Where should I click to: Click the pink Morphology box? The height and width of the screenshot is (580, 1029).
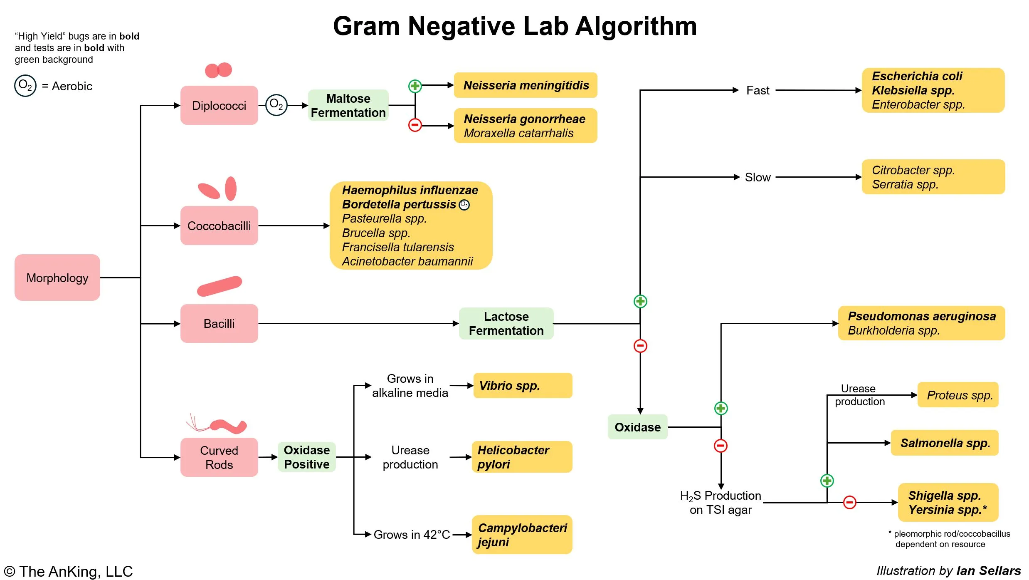click(x=57, y=278)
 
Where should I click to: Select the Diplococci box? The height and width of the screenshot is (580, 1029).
click(x=219, y=106)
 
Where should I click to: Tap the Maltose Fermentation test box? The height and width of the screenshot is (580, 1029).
click(x=348, y=106)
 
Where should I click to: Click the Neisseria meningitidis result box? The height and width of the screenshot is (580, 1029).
click(x=526, y=85)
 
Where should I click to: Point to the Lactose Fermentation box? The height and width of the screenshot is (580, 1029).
click(x=506, y=324)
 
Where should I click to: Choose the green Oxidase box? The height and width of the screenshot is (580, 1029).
click(x=637, y=427)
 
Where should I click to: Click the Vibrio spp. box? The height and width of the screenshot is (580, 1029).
click(x=523, y=386)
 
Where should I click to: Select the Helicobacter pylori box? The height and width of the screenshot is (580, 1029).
click(x=522, y=457)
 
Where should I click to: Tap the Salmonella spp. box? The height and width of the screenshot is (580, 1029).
click(x=945, y=443)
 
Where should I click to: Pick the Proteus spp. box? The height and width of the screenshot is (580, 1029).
click(x=958, y=395)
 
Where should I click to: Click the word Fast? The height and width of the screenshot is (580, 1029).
click(x=758, y=90)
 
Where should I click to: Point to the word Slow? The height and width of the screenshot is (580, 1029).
click(x=758, y=177)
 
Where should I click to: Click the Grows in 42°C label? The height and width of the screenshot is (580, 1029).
click(x=412, y=535)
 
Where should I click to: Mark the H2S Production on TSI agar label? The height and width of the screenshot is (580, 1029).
click(x=721, y=503)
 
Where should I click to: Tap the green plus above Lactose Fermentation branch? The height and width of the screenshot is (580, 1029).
click(x=640, y=301)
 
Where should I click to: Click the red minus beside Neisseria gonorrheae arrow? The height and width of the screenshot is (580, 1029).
click(x=415, y=125)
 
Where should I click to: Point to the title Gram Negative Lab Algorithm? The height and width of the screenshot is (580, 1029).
click(x=515, y=26)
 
